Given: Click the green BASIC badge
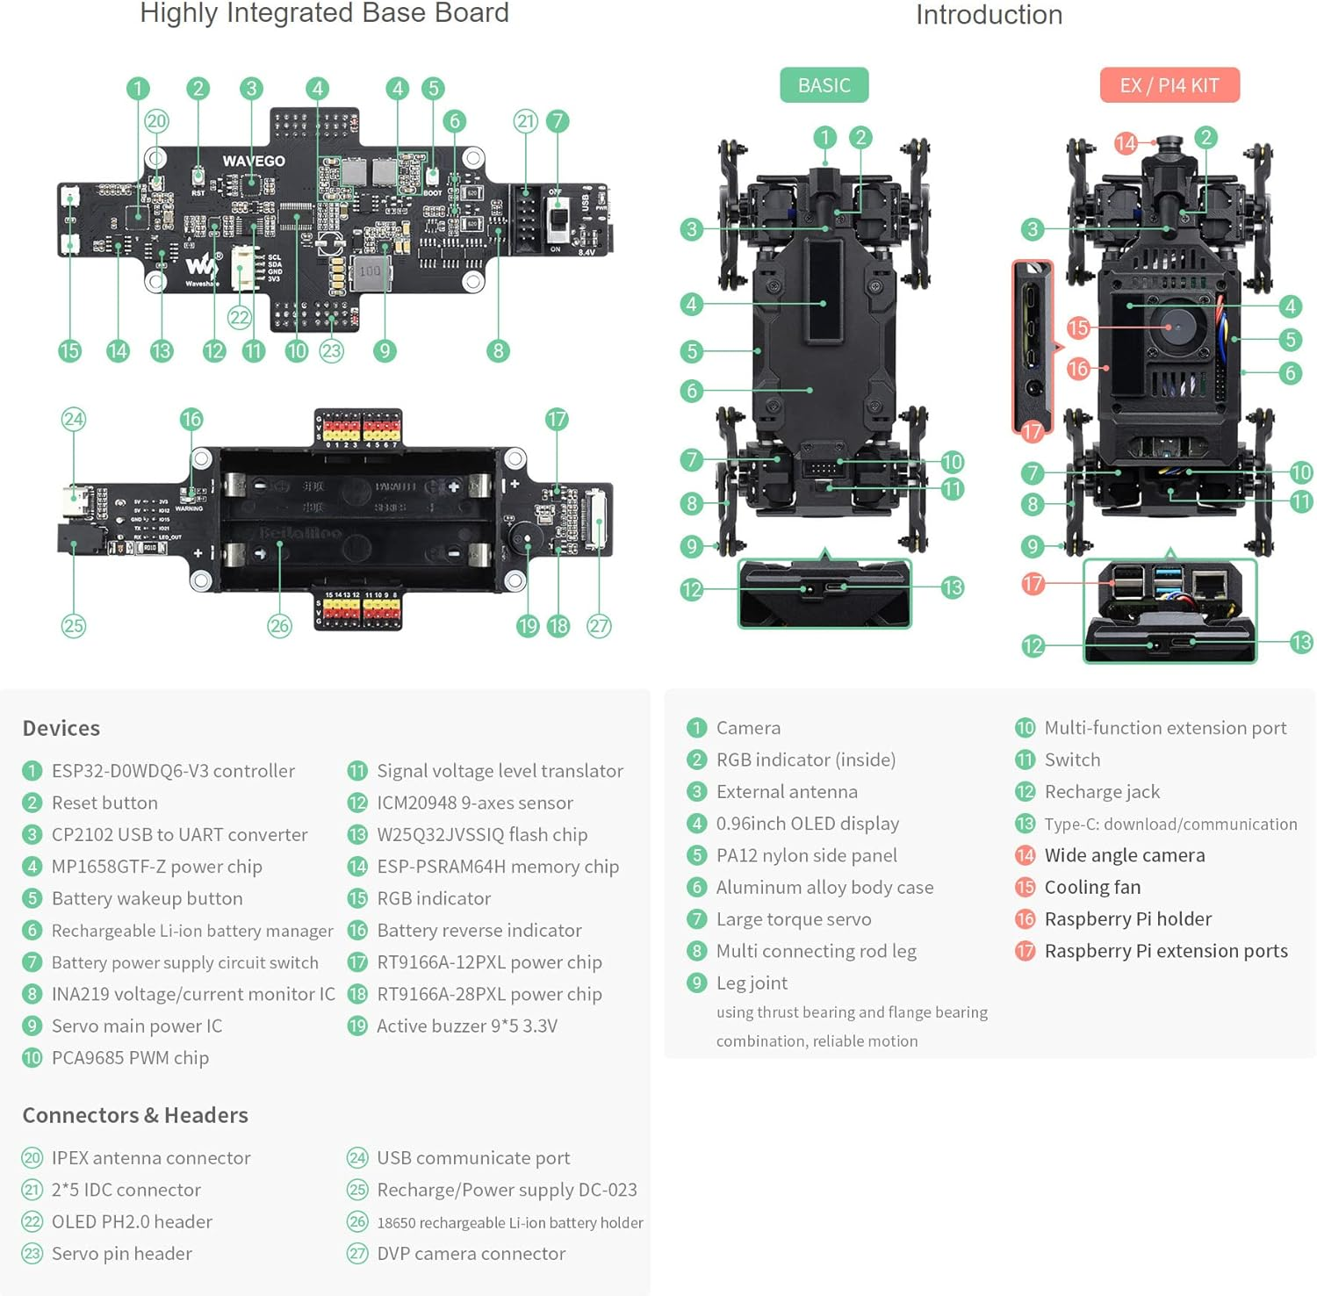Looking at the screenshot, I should click(x=824, y=85).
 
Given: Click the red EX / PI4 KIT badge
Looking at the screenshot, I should click(x=1169, y=85).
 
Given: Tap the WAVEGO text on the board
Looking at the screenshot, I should click(x=253, y=161).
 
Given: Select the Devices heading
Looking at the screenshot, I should click(x=61, y=728).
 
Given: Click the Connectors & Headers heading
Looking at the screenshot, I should click(x=135, y=1115).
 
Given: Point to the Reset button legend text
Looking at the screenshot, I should click(x=104, y=803).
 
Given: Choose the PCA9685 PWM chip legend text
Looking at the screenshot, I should click(x=130, y=1057).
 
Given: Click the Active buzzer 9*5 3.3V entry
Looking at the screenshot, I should click(x=466, y=1026).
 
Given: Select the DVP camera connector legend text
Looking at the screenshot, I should click(x=471, y=1253).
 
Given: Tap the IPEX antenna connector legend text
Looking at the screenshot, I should click(x=151, y=1157).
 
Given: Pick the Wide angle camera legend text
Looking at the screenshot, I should click(x=1124, y=855).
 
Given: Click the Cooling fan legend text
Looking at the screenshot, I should click(x=1092, y=887).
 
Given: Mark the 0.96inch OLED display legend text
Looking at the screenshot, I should click(x=807, y=824).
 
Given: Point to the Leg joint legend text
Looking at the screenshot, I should click(x=752, y=983).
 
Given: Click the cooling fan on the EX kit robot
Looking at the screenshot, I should click(x=1169, y=327).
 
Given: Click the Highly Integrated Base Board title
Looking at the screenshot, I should click(x=324, y=13).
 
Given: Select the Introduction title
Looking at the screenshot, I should click(x=989, y=15).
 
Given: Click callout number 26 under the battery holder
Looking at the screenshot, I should click(x=279, y=626).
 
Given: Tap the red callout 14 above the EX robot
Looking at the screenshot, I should click(x=1125, y=143).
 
